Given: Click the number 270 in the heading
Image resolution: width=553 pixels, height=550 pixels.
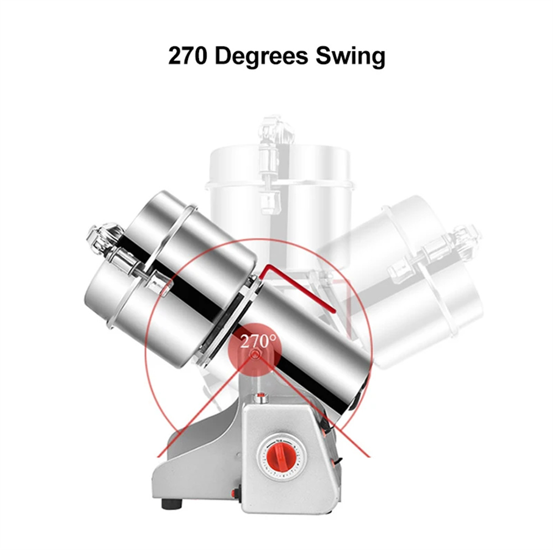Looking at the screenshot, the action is pos(187,56).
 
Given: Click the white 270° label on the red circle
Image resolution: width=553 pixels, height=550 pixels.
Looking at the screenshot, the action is pos(258,342).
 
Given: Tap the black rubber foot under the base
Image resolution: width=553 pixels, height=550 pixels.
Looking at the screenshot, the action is pos(172,504).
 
